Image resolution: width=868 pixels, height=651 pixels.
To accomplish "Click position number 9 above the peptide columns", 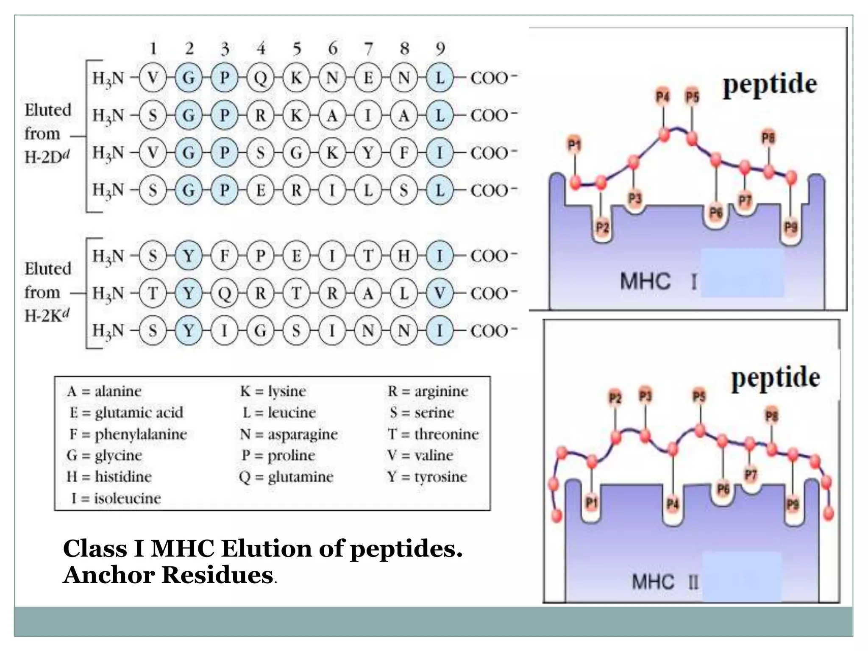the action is pyautogui.click(x=440, y=49).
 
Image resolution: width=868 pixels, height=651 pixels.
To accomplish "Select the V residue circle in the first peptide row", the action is pyautogui.click(x=153, y=78).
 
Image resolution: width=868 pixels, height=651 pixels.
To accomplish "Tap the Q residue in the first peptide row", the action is pyautogui.click(x=261, y=78).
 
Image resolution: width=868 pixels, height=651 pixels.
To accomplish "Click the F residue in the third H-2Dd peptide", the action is pyautogui.click(x=404, y=153).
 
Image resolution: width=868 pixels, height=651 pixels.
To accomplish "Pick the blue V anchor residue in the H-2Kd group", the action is pyautogui.click(x=440, y=293).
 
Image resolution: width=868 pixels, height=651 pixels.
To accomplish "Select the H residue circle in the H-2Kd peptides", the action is pyautogui.click(x=404, y=256).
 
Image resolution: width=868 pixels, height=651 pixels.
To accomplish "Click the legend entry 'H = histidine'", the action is pyautogui.click(x=109, y=477).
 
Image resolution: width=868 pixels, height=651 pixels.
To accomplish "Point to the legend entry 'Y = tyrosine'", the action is pyautogui.click(x=427, y=477).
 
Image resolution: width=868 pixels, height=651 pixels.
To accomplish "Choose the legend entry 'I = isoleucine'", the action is pyautogui.click(x=116, y=498).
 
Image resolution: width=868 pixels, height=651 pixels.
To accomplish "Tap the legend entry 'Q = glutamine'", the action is pyautogui.click(x=286, y=477).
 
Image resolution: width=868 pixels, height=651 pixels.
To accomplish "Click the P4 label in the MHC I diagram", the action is pyautogui.click(x=662, y=97).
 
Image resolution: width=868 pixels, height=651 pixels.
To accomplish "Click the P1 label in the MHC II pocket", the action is pyautogui.click(x=591, y=503).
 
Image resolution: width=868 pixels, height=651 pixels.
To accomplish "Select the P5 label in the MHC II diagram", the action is pyautogui.click(x=699, y=397).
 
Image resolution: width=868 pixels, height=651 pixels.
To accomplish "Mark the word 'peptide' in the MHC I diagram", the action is pyautogui.click(x=770, y=85).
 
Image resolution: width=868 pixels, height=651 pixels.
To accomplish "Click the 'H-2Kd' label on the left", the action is pyautogui.click(x=47, y=316).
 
